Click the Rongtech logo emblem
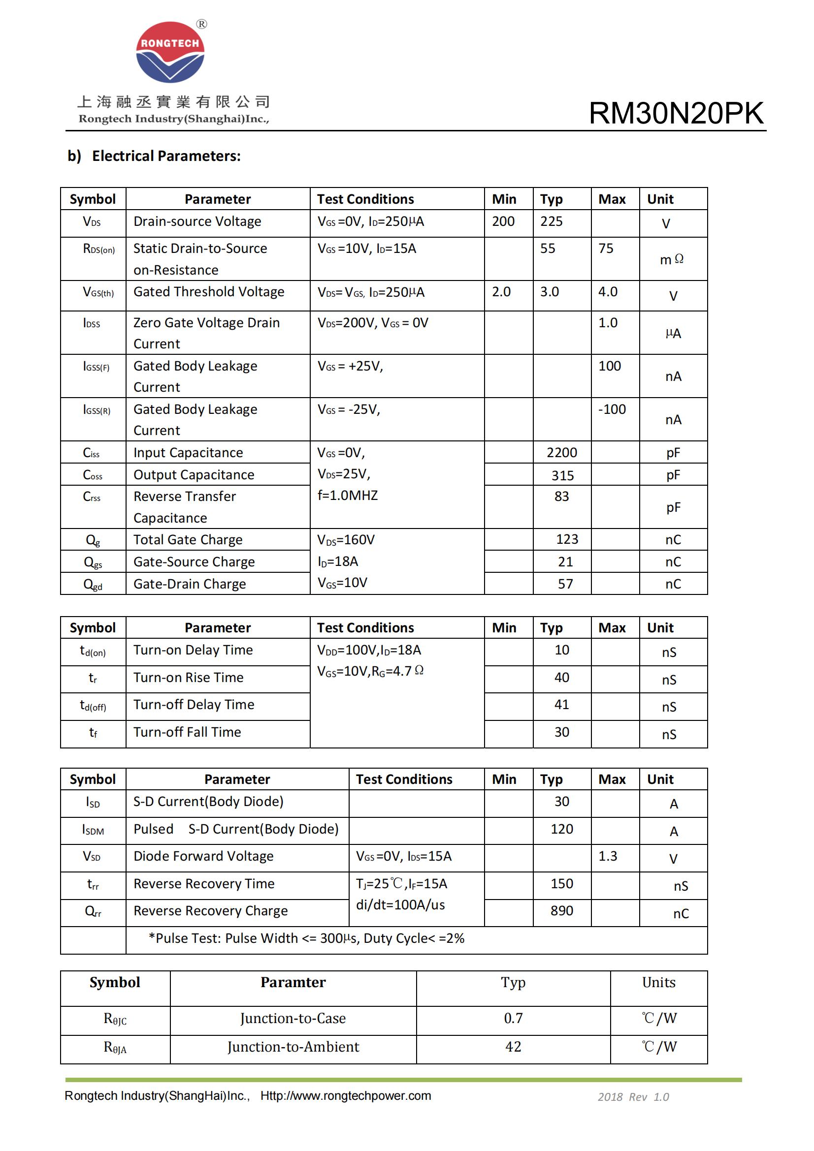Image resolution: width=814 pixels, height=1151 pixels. coord(170,52)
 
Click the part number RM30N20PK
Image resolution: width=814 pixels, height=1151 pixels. coord(676,113)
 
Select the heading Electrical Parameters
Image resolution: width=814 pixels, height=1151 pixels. coord(166,156)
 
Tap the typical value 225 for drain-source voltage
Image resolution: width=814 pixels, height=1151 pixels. coord(551,221)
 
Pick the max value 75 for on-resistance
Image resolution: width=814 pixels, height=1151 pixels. coord(606,249)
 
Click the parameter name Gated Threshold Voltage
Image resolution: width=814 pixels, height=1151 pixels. coord(209,292)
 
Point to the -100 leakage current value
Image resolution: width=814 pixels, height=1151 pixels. coord(612,409)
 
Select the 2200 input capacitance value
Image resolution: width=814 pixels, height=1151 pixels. coord(562,453)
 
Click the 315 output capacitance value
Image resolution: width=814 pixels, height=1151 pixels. coord(563,475)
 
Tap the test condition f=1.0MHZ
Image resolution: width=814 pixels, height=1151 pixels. coord(348,496)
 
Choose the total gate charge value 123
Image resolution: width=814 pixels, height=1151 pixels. coord(567,539)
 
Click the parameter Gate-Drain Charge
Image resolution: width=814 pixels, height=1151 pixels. coord(190,584)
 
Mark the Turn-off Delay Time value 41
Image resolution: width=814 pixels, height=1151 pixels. coord(562,705)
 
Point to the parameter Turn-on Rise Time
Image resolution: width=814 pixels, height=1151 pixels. coord(188,678)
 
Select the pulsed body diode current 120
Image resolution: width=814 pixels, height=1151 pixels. coord(562,829)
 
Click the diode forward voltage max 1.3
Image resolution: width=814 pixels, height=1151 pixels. coord(607,856)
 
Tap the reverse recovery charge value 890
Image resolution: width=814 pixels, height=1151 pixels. coord(562,911)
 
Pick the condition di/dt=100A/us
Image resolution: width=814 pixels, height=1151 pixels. coord(400,905)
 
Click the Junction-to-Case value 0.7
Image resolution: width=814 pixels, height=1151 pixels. coord(513,1018)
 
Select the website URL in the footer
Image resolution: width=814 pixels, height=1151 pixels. coord(346,1096)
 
